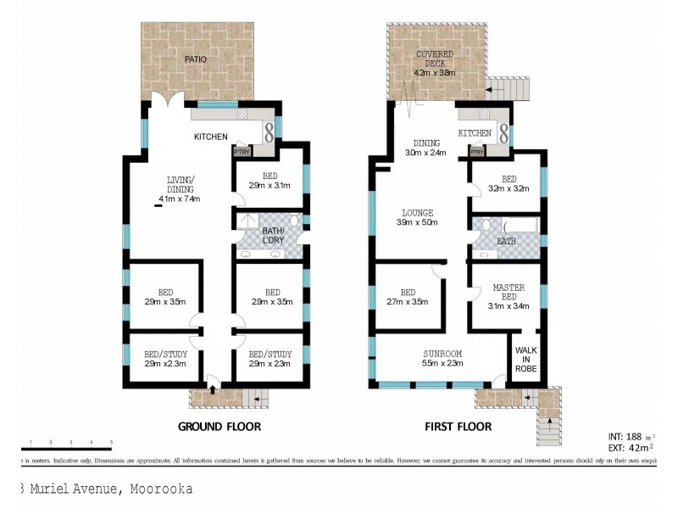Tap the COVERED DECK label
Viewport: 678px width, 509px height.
pos(436,62)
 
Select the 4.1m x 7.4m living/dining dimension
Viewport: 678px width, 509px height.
pos(180,201)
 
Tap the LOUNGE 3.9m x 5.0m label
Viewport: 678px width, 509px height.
pos(418,218)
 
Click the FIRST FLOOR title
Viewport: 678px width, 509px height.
pos(458,426)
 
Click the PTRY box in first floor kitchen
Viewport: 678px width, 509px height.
pos(477,153)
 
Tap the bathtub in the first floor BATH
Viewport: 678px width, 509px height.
pos(520,227)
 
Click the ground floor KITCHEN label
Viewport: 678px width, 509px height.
pos(211,136)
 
